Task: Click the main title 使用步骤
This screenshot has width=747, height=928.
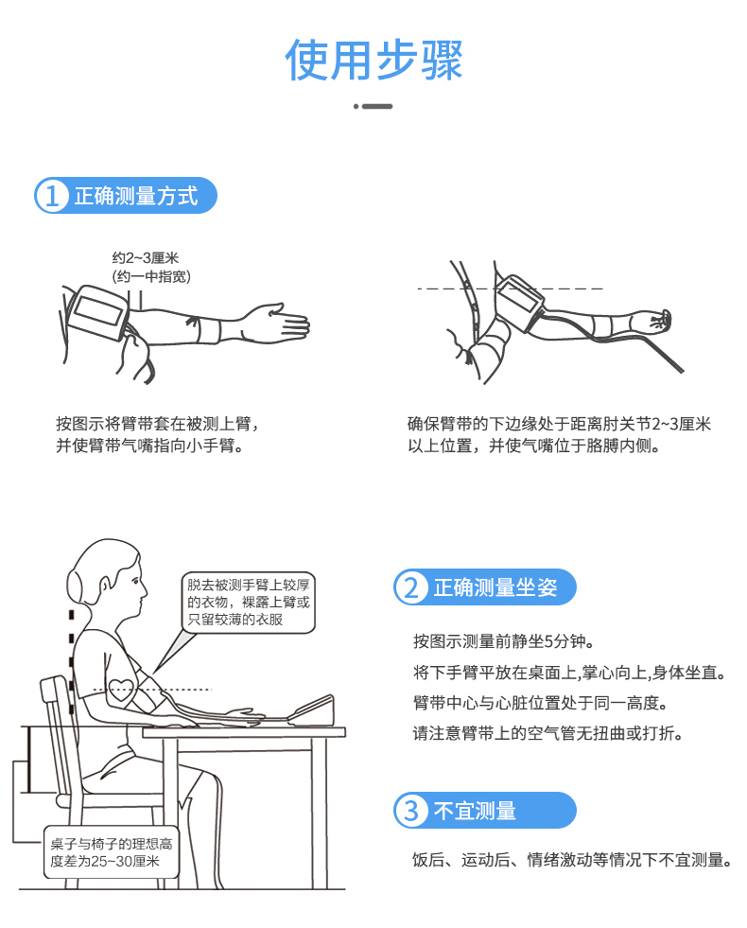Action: point(373,60)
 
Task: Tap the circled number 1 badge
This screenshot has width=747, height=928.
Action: point(51,196)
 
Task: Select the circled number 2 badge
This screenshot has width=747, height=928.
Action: point(410,587)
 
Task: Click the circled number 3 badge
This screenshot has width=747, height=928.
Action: point(410,810)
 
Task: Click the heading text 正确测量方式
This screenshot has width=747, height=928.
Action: point(136,196)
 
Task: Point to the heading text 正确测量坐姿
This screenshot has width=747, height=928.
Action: point(495,587)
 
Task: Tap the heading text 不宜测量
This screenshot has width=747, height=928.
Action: point(475,810)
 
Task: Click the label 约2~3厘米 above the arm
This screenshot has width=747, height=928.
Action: point(146,258)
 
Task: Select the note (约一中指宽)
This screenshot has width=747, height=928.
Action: point(151,276)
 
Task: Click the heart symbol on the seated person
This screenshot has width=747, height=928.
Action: point(122,689)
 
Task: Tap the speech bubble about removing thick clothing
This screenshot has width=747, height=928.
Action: point(249,602)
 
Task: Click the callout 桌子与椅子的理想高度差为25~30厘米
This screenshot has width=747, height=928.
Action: point(112,852)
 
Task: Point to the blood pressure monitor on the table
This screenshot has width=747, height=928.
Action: point(313,710)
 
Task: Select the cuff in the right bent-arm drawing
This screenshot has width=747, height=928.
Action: point(519,298)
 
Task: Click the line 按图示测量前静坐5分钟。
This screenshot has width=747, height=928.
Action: point(504,641)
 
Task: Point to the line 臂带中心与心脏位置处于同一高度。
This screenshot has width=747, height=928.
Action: point(541,703)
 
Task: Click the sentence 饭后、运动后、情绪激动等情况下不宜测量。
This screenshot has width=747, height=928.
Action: point(573,860)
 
